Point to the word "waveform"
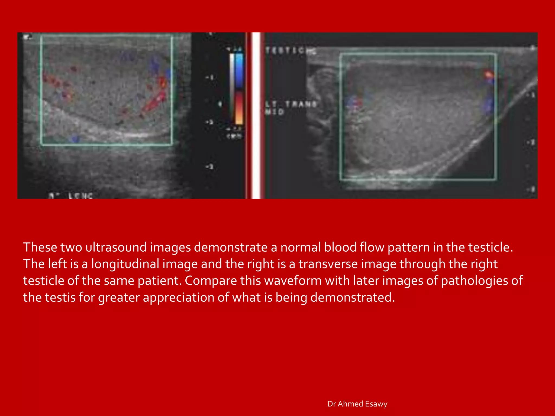point(293,281)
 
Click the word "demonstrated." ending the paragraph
point(353,298)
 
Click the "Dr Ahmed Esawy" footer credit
point(357,404)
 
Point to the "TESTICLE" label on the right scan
point(291,51)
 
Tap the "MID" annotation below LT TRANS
point(274,112)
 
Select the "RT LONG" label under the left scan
point(71,196)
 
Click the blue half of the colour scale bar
point(239,70)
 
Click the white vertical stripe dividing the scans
point(256,115)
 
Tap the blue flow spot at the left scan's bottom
point(75,139)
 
